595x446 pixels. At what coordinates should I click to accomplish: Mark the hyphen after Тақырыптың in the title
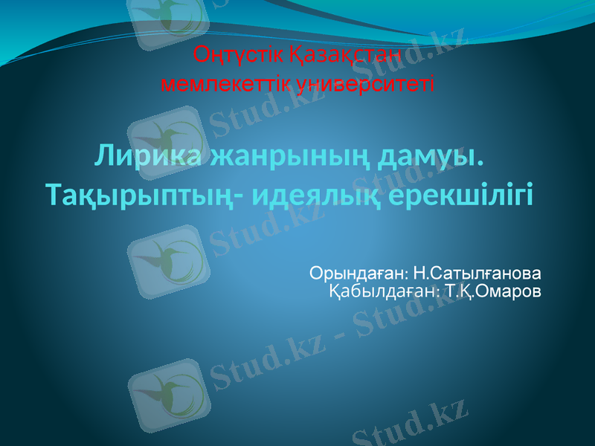[245, 196]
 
